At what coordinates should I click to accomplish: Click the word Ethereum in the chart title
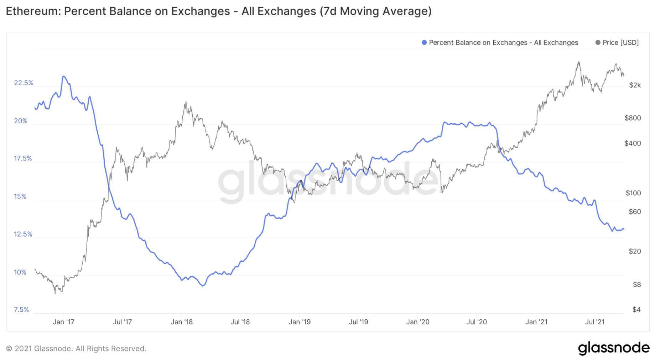pyautogui.click(x=33, y=11)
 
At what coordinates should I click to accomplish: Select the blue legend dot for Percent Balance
pyautogui.click(x=424, y=42)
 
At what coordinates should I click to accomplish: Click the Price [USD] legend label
pyautogui.click(x=620, y=42)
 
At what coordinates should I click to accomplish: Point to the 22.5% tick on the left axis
pyautogui.click(x=24, y=83)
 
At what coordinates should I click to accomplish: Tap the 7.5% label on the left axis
pyautogui.click(x=21, y=310)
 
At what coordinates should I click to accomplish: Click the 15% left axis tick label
pyautogui.click(x=20, y=196)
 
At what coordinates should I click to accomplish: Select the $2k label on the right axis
pyautogui.click(x=635, y=85)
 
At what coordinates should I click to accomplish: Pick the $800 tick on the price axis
pyautogui.click(x=633, y=118)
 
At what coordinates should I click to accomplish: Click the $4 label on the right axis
pyautogui.click(x=636, y=310)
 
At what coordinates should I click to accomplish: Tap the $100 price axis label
pyautogui.click(x=633, y=193)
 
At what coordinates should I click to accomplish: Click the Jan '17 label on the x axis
pyautogui.click(x=63, y=322)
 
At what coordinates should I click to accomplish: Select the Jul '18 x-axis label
pyautogui.click(x=240, y=322)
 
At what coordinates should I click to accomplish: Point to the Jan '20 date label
pyautogui.click(x=417, y=322)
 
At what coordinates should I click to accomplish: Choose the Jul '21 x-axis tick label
pyautogui.click(x=594, y=322)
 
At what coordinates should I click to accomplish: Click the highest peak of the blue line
pyautogui.click(x=63, y=76)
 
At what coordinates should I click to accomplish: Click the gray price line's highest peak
pyautogui.click(x=579, y=62)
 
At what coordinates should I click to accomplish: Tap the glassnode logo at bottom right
pyautogui.click(x=613, y=348)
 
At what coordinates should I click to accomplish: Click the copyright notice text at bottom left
pyautogui.click(x=76, y=349)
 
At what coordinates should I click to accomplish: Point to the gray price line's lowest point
pyautogui.click(x=55, y=293)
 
